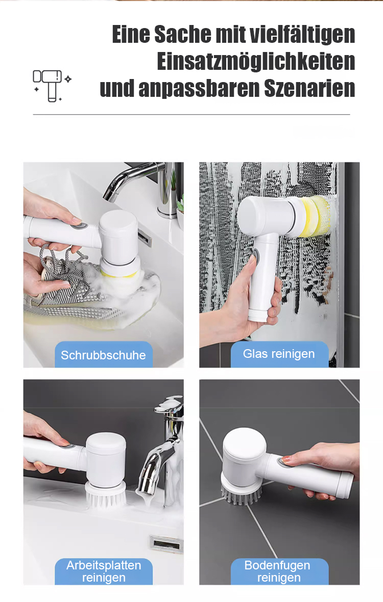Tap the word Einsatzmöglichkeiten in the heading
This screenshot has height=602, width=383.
[256, 62]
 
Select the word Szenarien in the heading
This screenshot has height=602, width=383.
[309, 88]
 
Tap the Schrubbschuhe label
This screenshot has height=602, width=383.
[103, 355]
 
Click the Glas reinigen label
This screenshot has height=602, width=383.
[279, 354]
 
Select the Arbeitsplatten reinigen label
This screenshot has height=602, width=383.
[104, 571]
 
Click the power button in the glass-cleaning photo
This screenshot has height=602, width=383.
[255, 256]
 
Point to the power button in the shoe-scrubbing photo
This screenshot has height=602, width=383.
[80, 224]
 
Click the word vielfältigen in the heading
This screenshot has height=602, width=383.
[302, 34]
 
